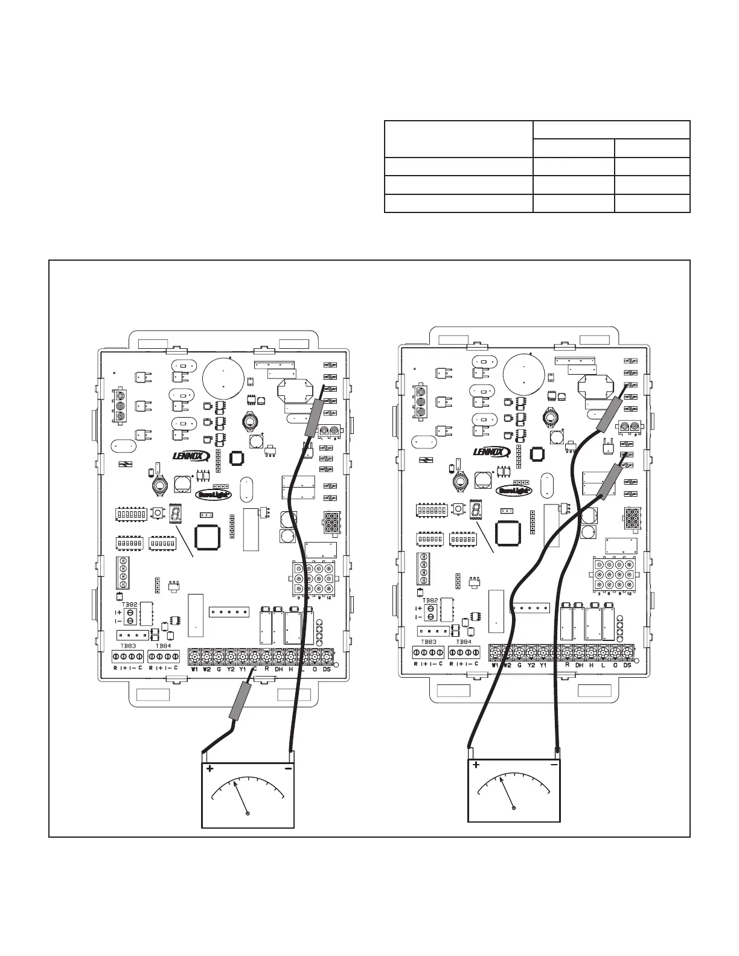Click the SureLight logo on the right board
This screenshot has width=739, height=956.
tap(514, 491)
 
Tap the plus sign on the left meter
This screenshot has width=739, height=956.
tap(210, 769)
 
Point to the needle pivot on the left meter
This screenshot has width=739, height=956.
tap(249, 814)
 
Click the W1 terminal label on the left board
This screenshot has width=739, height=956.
tap(194, 669)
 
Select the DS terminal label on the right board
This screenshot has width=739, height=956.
tap(627, 664)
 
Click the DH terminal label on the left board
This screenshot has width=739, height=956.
tap(278, 669)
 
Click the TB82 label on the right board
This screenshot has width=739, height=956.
tap(430, 601)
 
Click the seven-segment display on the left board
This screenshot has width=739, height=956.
tap(176, 513)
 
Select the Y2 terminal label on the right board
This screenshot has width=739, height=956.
tap(531, 664)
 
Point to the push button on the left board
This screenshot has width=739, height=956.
tap(158, 513)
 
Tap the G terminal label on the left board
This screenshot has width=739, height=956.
tap(219, 669)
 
